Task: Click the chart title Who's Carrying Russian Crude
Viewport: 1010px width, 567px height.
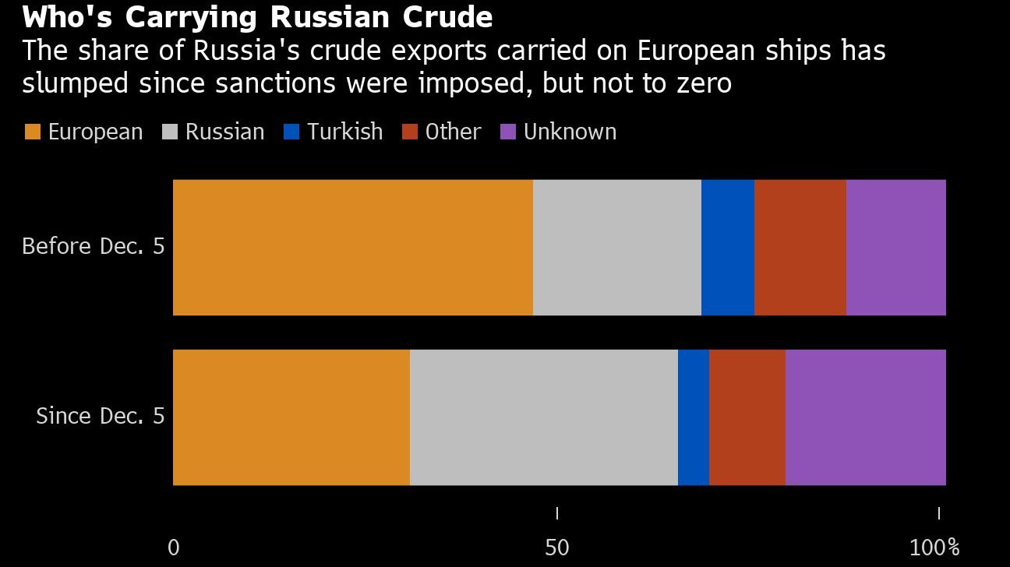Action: (257, 17)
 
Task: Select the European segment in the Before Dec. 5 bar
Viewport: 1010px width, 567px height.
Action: (352, 248)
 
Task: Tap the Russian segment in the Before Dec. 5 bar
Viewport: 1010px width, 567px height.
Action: (617, 248)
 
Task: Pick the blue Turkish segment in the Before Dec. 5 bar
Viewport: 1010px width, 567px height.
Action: (728, 248)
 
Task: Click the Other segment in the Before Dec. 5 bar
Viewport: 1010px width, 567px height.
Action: (800, 248)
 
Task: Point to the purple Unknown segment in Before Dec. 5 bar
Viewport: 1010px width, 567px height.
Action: (896, 248)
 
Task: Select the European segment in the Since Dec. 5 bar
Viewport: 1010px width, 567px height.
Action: (291, 417)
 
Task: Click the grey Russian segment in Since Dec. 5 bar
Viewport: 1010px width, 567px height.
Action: (544, 417)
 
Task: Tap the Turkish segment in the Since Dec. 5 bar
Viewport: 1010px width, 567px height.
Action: (694, 417)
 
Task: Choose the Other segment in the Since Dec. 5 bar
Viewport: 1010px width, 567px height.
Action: (747, 417)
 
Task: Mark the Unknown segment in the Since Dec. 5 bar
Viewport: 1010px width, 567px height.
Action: (866, 417)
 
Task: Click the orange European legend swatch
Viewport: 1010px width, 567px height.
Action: (33, 132)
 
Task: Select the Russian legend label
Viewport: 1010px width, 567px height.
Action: (224, 132)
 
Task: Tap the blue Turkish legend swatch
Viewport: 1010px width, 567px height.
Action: (291, 132)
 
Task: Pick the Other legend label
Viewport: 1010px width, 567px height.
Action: (453, 132)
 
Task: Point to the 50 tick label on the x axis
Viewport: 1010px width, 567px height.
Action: (557, 548)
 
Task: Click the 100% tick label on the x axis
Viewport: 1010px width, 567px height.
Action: (934, 548)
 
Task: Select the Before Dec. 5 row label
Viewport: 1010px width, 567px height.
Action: (94, 247)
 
